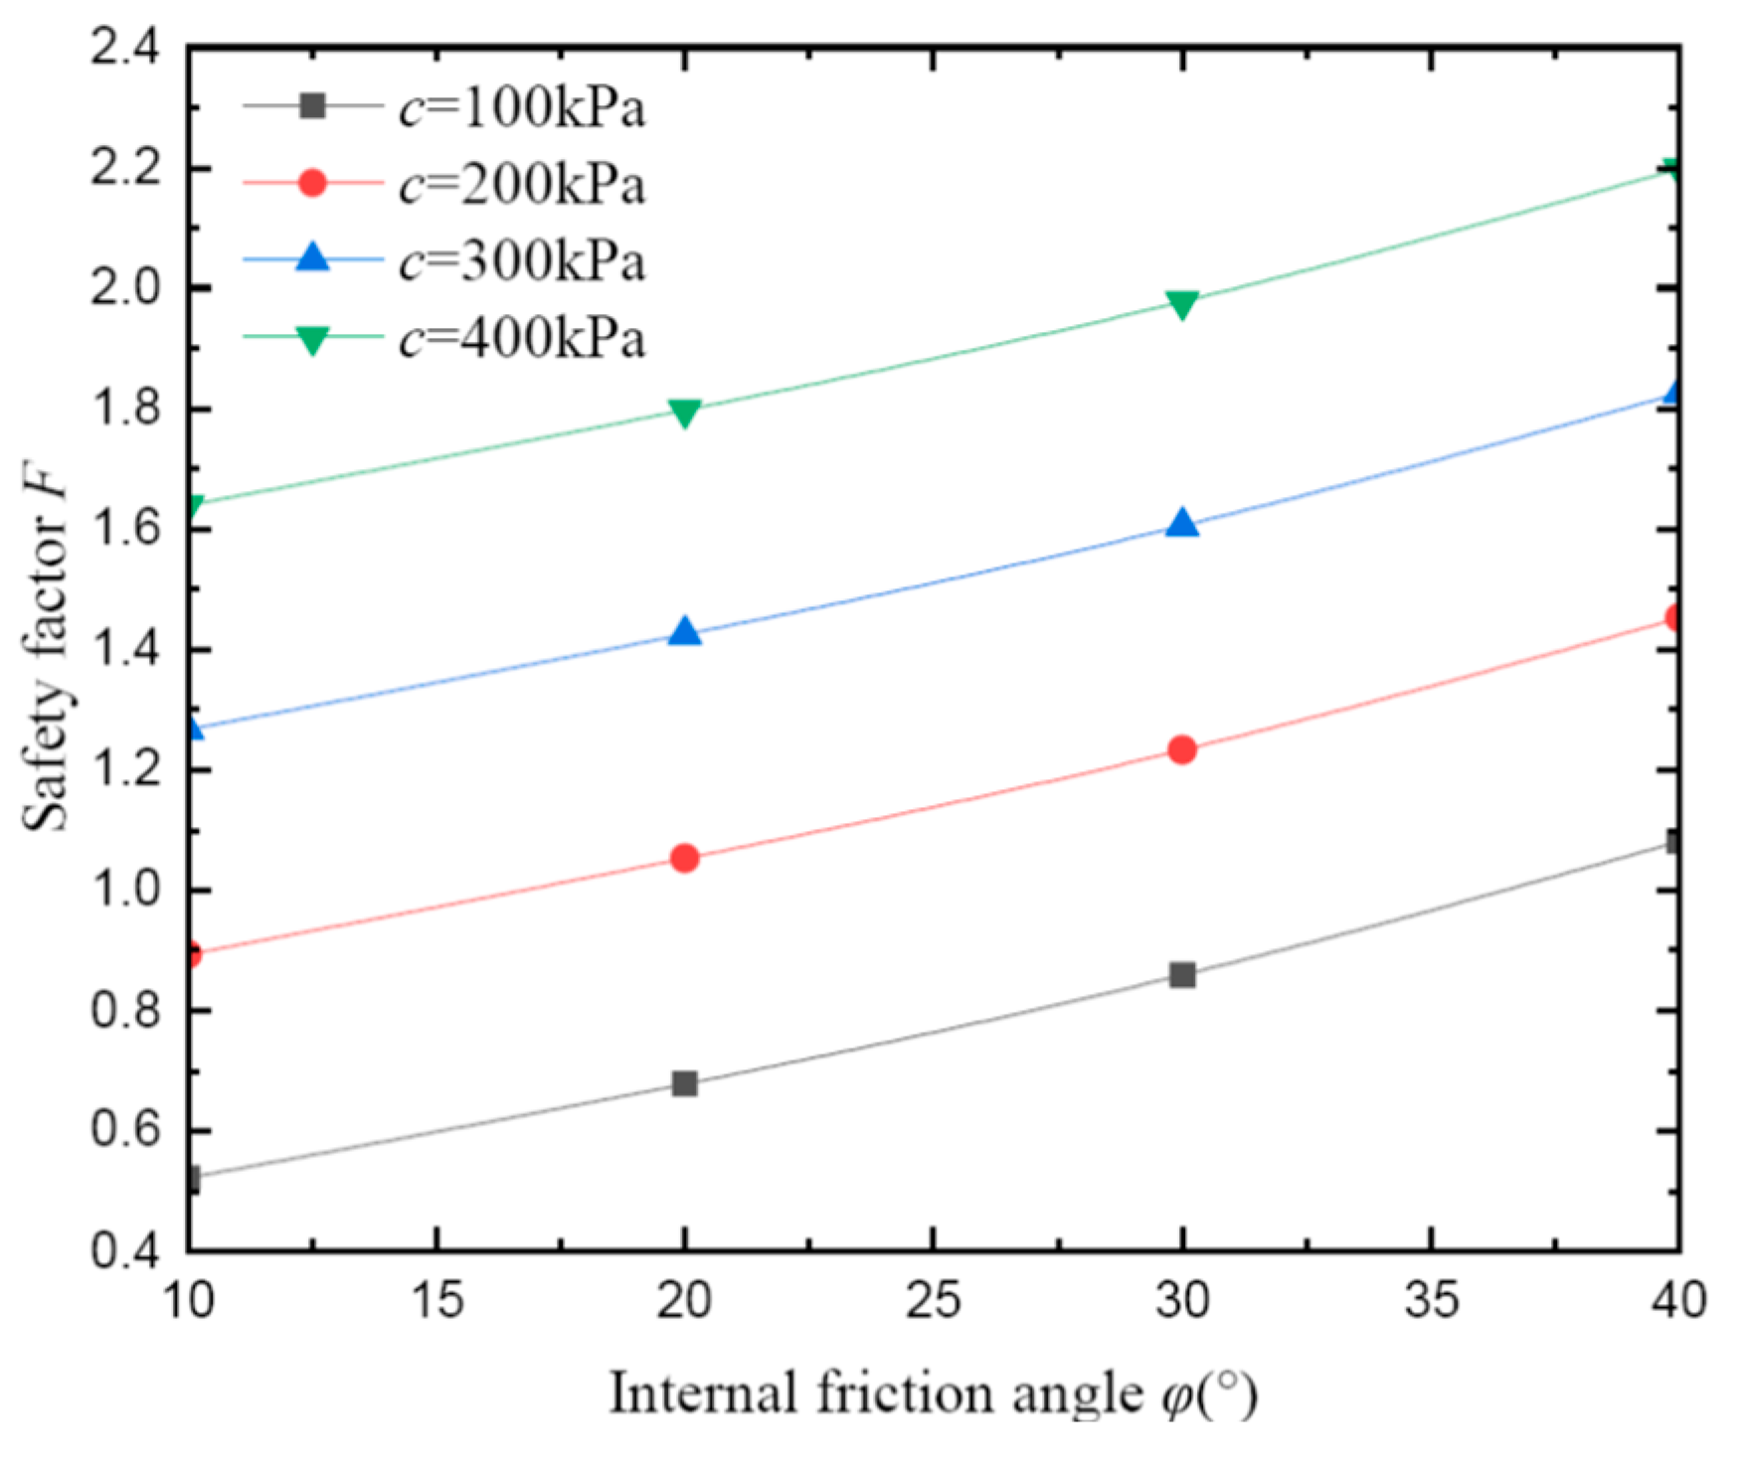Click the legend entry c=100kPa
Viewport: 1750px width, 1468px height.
click(522, 108)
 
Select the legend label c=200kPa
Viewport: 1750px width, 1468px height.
click(522, 185)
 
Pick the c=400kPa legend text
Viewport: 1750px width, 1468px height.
click(522, 339)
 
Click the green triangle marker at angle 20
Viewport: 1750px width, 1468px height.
click(685, 411)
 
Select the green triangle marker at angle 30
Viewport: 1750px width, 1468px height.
click(1182, 304)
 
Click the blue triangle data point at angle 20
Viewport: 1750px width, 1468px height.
click(685, 632)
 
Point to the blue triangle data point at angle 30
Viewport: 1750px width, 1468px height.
click(1182, 524)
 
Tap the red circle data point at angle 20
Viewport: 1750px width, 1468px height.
click(685, 858)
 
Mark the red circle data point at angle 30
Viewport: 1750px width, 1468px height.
click(1182, 749)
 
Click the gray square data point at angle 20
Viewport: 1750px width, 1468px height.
click(685, 1083)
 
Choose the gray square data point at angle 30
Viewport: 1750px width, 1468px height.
click(1182, 975)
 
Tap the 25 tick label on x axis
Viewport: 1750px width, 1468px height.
click(934, 1301)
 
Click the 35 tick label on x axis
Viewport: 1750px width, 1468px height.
click(1431, 1301)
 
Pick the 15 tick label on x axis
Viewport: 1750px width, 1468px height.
click(437, 1301)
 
